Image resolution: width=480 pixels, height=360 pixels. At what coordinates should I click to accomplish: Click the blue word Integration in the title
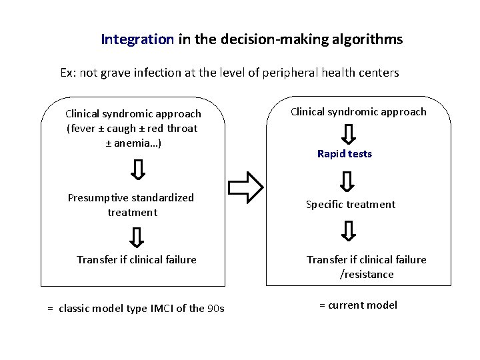tap(137, 39)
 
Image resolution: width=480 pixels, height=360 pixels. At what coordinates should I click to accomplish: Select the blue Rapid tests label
tap(345, 154)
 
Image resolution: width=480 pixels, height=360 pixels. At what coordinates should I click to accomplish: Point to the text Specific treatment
tap(351, 205)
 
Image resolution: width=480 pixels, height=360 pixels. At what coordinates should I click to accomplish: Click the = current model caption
tap(358, 305)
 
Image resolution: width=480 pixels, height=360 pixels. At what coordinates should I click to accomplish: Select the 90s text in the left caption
tap(216, 309)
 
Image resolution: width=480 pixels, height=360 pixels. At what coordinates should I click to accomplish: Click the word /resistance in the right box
tap(367, 274)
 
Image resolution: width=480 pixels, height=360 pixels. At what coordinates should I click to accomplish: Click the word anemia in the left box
tap(138, 143)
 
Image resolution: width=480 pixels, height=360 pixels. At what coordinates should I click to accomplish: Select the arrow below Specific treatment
tap(348, 231)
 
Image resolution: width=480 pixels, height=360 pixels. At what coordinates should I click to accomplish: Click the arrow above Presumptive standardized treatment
tap(137, 169)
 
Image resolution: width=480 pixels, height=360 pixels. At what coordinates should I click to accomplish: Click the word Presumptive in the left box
tap(99, 198)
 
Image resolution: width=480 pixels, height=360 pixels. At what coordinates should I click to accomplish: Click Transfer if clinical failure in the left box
tap(137, 259)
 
